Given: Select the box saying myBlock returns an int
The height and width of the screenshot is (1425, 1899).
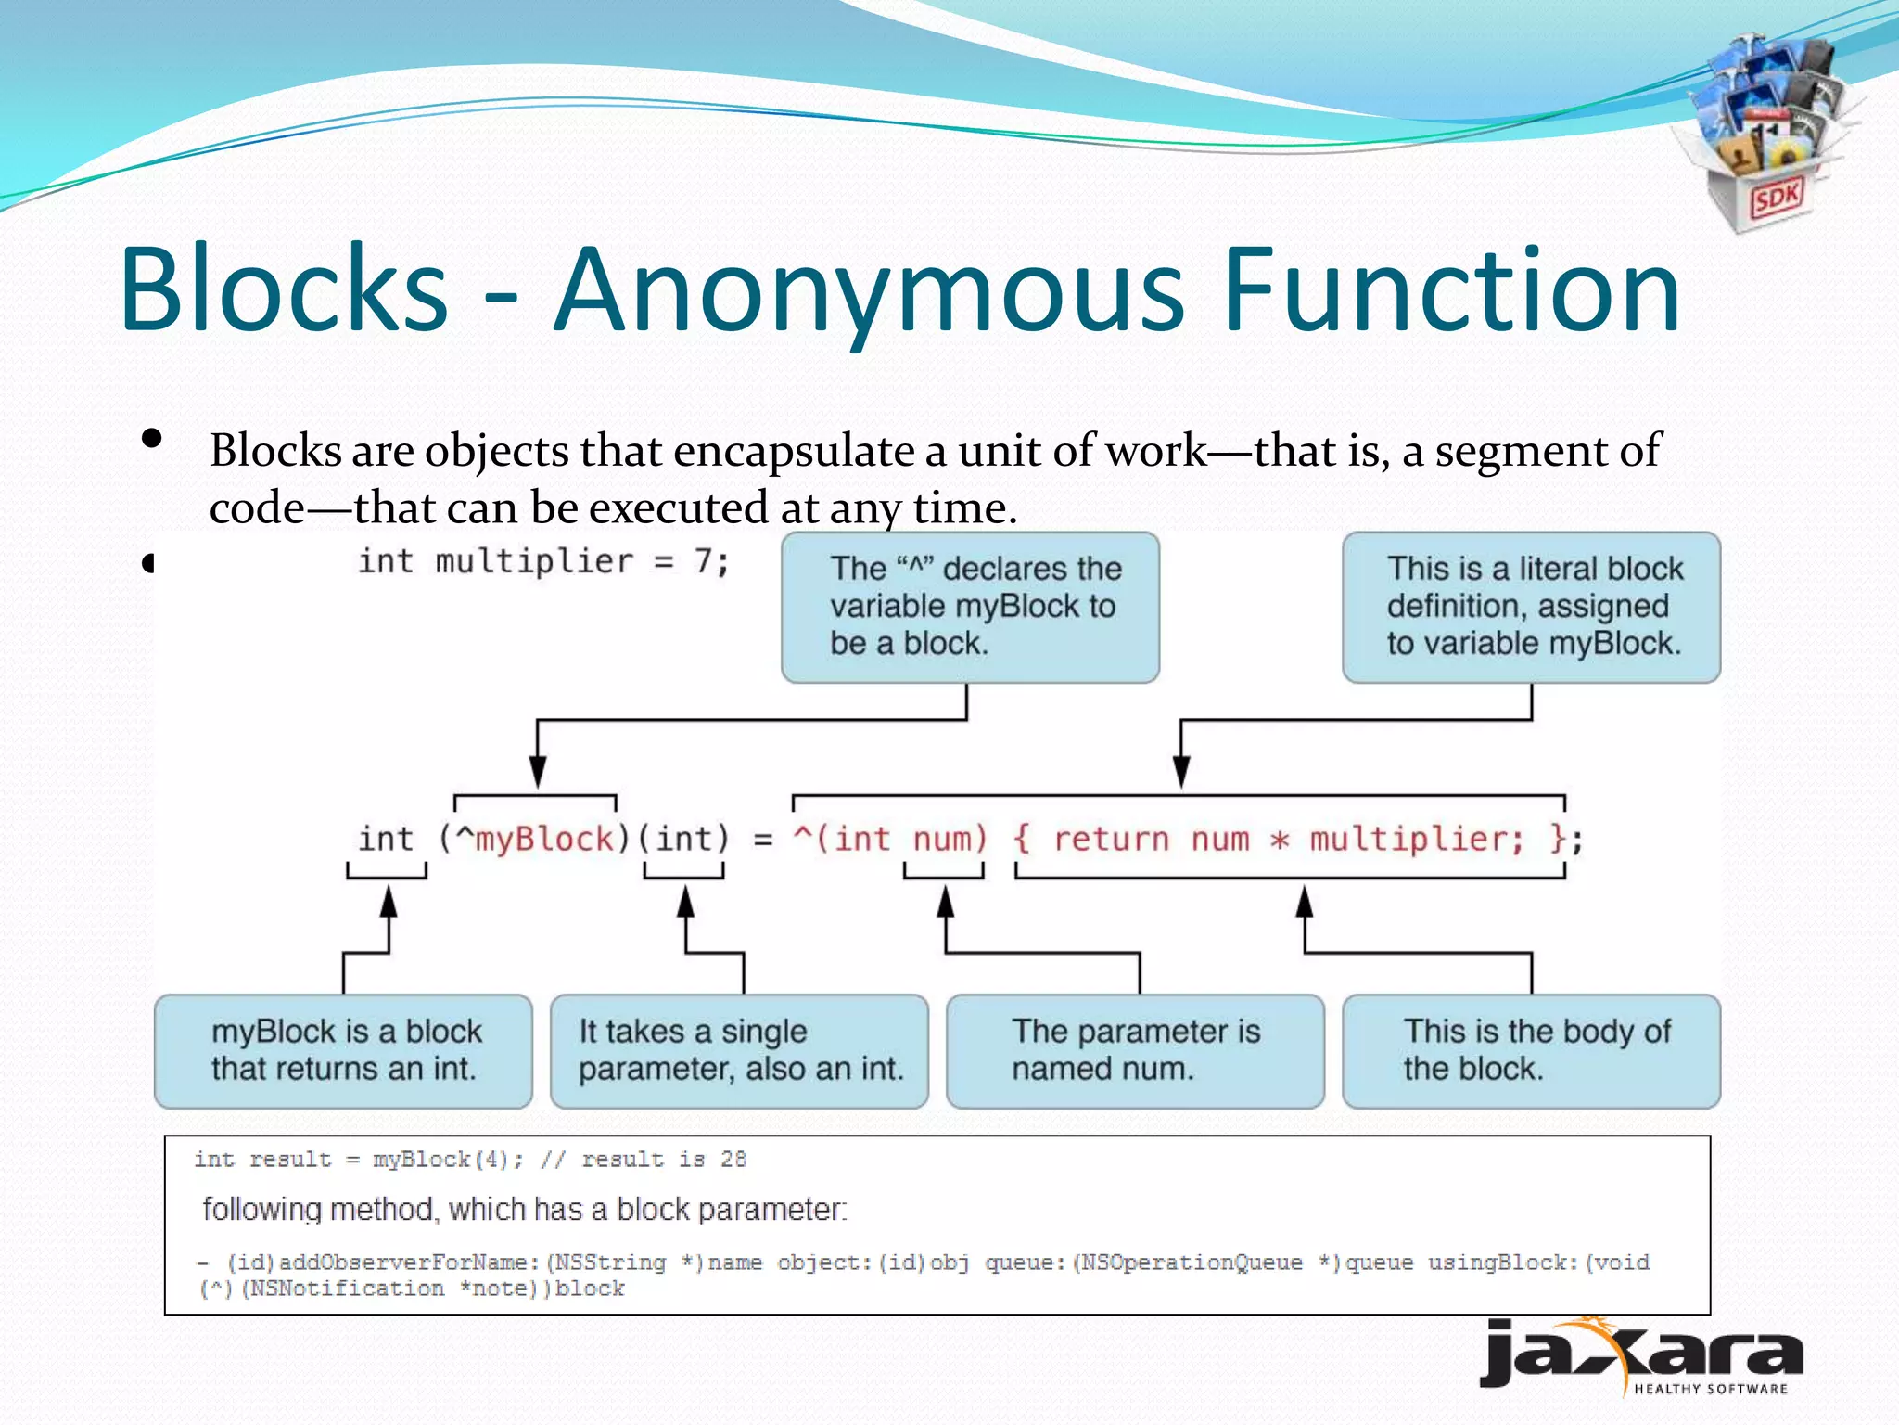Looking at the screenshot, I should coord(343,1051).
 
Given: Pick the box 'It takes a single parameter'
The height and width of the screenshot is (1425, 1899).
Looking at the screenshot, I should coord(739,1051).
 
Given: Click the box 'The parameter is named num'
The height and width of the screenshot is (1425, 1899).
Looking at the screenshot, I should coord(1135,1051).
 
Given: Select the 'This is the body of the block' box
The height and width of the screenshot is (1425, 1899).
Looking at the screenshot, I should coord(1531,1051).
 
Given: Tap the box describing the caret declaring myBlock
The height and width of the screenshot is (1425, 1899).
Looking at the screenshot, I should coord(970,607).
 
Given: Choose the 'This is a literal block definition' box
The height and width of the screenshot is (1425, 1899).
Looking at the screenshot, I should coord(1531,607).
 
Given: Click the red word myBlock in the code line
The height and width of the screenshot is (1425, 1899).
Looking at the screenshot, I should coord(544,839).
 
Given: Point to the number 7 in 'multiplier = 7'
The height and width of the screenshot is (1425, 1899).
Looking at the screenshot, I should coord(704,561).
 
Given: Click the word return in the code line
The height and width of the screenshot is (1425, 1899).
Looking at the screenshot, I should coord(1111,839).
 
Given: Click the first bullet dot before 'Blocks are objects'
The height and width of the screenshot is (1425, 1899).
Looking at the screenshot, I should coord(152,438).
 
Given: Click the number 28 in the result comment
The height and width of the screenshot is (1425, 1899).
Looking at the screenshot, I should coord(733,1159).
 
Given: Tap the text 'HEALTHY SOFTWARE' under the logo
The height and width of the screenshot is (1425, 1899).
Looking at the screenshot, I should coord(1710,1389).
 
